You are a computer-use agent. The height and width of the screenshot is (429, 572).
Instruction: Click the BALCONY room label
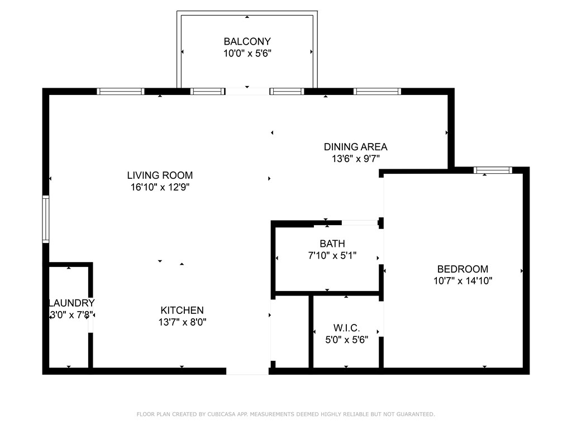pyautogui.click(x=247, y=41)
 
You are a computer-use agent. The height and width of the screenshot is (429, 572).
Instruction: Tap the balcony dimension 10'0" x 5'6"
pyautogui.click(x=247, y=53)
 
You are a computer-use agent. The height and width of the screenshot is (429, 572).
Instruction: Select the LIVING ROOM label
pyautogui.click(x=160, y=175)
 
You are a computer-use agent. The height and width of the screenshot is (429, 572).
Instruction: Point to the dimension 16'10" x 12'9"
pyautogui.click(x=160, y=187)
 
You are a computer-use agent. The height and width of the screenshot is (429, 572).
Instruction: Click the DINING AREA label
pyautogui.click(x=356, y=147)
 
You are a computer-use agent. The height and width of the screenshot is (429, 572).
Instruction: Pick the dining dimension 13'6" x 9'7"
pyautogui.click(x=356, y=159)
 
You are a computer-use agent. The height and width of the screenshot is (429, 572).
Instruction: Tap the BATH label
pyautogui.click(x=332, y=244)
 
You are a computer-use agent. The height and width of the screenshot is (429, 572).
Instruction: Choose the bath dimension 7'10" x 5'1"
pyautogui.click(x=332, y=255)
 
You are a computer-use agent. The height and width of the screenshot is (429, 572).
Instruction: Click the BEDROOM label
pyautogui.click(x=463, y=269)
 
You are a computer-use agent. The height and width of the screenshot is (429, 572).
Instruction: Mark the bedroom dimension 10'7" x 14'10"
pyautogui.click(x=463, y=280)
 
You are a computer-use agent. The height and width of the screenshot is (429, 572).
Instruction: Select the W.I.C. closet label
pyautogui.click(x=346, y=327)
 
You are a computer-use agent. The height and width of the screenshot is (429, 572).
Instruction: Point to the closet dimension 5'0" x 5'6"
pyautogui.click(x=346, y=340)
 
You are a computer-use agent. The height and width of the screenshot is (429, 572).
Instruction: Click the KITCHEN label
pyautogui.click(x=182, y=310)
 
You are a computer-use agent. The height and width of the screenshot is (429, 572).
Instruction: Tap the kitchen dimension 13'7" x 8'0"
pyautogui.click(x=183, y=322)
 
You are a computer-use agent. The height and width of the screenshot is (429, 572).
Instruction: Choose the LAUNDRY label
pyautogui.click(x=71, y=303)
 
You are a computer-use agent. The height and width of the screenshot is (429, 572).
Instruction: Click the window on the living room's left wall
pyautogui.click(x=46, y=219)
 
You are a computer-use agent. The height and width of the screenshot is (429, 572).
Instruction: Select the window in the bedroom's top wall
pyautogui.click(x=493, y=170)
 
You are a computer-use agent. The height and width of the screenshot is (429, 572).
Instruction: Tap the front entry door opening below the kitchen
pyautogui.click(x=247, y=371)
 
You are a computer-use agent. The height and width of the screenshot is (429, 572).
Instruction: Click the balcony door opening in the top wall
pyautogui.click(x=247, y=91)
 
